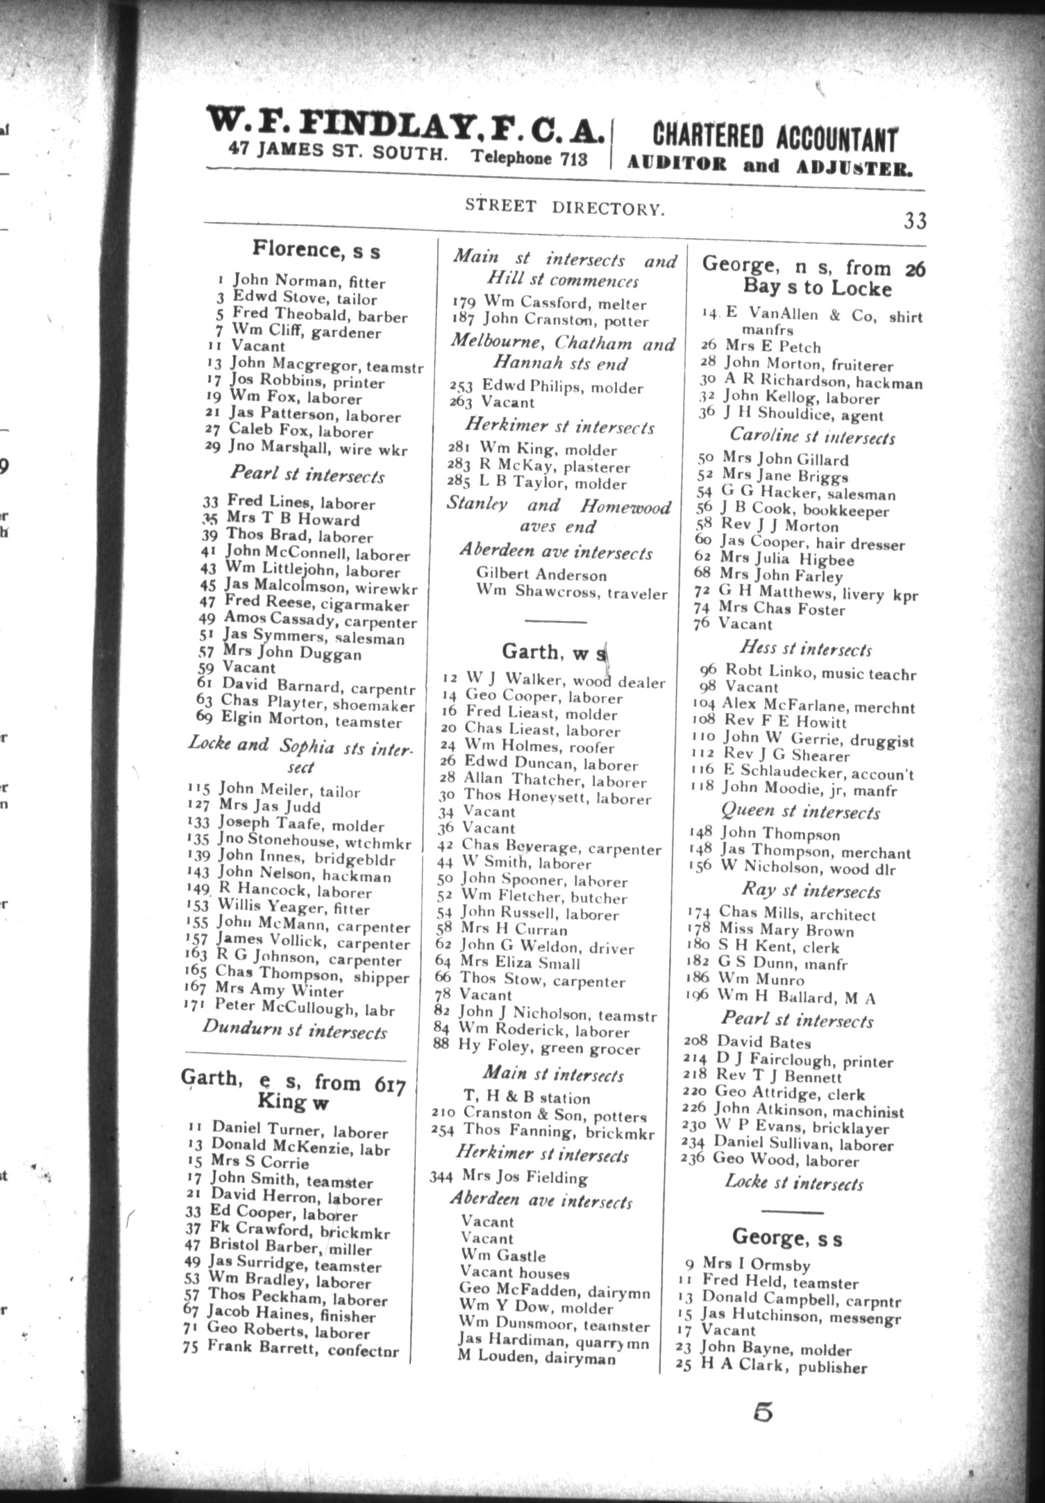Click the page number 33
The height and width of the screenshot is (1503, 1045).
915,221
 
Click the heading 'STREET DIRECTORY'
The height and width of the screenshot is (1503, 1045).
565,208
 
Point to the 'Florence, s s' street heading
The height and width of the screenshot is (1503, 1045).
316,250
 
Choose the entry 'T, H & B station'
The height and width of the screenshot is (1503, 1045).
526,1098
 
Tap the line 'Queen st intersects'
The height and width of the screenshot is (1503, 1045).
800,812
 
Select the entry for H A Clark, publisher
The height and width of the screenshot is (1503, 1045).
782,1368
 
